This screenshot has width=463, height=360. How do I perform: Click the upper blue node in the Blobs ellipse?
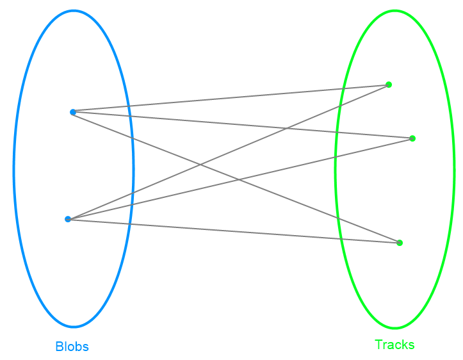pos(73,112)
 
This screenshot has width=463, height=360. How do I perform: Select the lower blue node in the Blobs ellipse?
pos(68,219)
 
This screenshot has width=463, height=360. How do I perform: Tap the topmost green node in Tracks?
pos(389,85)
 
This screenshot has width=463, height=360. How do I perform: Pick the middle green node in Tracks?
pos(412,138)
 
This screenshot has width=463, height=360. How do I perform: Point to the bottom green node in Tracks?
pos(400,243)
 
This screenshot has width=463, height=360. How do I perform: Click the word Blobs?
pos(72,347)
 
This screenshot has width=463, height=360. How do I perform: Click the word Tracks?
pos(394,345)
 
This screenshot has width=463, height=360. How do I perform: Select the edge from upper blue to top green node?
pos(231,98)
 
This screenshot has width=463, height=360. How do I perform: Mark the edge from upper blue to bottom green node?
pos(160,147)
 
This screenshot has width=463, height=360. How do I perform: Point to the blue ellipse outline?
pos(13,170)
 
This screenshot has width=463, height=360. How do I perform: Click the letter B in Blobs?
pos(59,347)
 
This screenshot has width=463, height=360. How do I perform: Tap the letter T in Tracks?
pos(378,345)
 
